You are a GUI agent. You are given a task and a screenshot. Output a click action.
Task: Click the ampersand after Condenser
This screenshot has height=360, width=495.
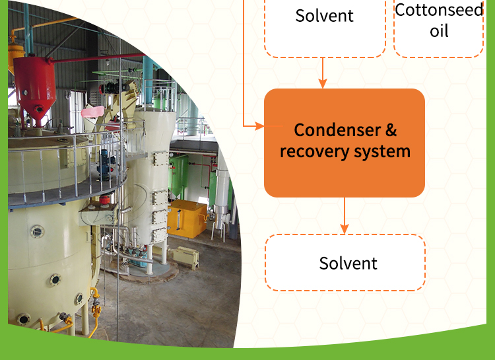(390, 129)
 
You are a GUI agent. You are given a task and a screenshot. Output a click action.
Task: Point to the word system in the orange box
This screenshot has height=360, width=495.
(381, 152)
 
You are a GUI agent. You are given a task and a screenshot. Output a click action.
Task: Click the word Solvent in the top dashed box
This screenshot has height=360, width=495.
(325, 16)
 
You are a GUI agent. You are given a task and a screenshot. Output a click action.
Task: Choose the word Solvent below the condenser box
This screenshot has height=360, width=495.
(348, 264)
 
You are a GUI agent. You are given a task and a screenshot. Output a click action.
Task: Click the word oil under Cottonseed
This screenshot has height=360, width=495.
(439, 31)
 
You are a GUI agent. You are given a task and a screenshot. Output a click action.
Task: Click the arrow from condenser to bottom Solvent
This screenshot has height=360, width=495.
(345, 215)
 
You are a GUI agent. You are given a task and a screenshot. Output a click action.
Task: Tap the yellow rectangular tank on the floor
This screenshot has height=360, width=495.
(186, 219)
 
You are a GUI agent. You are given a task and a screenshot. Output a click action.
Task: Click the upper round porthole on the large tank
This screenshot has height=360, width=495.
(38, 232)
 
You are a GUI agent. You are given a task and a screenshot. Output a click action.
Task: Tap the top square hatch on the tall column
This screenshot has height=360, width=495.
(160, 159)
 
